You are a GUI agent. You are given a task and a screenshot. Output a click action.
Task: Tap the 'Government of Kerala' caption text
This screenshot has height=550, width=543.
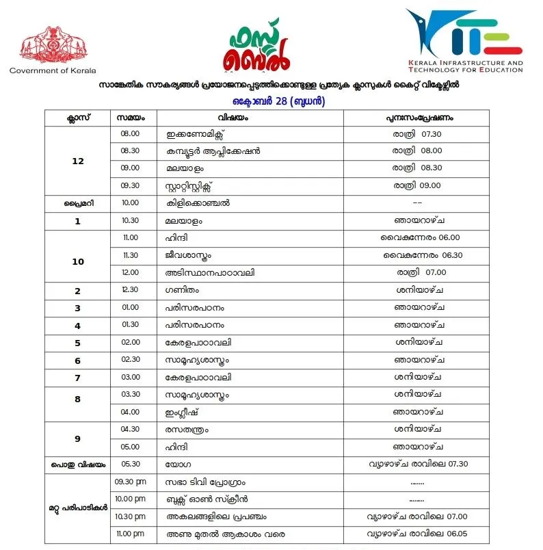tap(53, 70)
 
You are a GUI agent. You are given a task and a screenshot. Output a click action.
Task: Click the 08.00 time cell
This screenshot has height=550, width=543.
tap(130, 133)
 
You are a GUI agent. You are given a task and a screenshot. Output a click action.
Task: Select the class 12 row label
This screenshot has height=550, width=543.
tap(77, 160)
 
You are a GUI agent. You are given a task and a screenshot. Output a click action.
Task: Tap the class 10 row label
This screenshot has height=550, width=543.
tap(77, 261)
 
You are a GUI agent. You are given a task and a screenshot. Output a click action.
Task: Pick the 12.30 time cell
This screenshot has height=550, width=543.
tap(130, 290)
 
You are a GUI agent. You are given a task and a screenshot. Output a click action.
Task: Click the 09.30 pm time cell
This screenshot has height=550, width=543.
tap(131, 482)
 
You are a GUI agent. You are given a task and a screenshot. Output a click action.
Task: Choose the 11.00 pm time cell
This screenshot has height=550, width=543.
tap(131, 533)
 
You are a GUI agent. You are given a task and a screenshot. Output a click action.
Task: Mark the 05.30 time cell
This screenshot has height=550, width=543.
tap(130, 464)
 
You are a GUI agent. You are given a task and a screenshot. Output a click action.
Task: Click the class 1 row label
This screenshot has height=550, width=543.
tap(77, 221)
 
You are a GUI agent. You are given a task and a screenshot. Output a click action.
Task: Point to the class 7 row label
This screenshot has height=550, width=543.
tap(77, 378)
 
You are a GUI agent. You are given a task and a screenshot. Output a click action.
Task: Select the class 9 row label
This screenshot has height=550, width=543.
tap(77, 438)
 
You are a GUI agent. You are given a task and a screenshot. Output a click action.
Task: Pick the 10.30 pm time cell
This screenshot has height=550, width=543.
tap(131, 516)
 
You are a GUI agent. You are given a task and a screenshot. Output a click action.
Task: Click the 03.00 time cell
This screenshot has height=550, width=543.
tap(130, 377)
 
